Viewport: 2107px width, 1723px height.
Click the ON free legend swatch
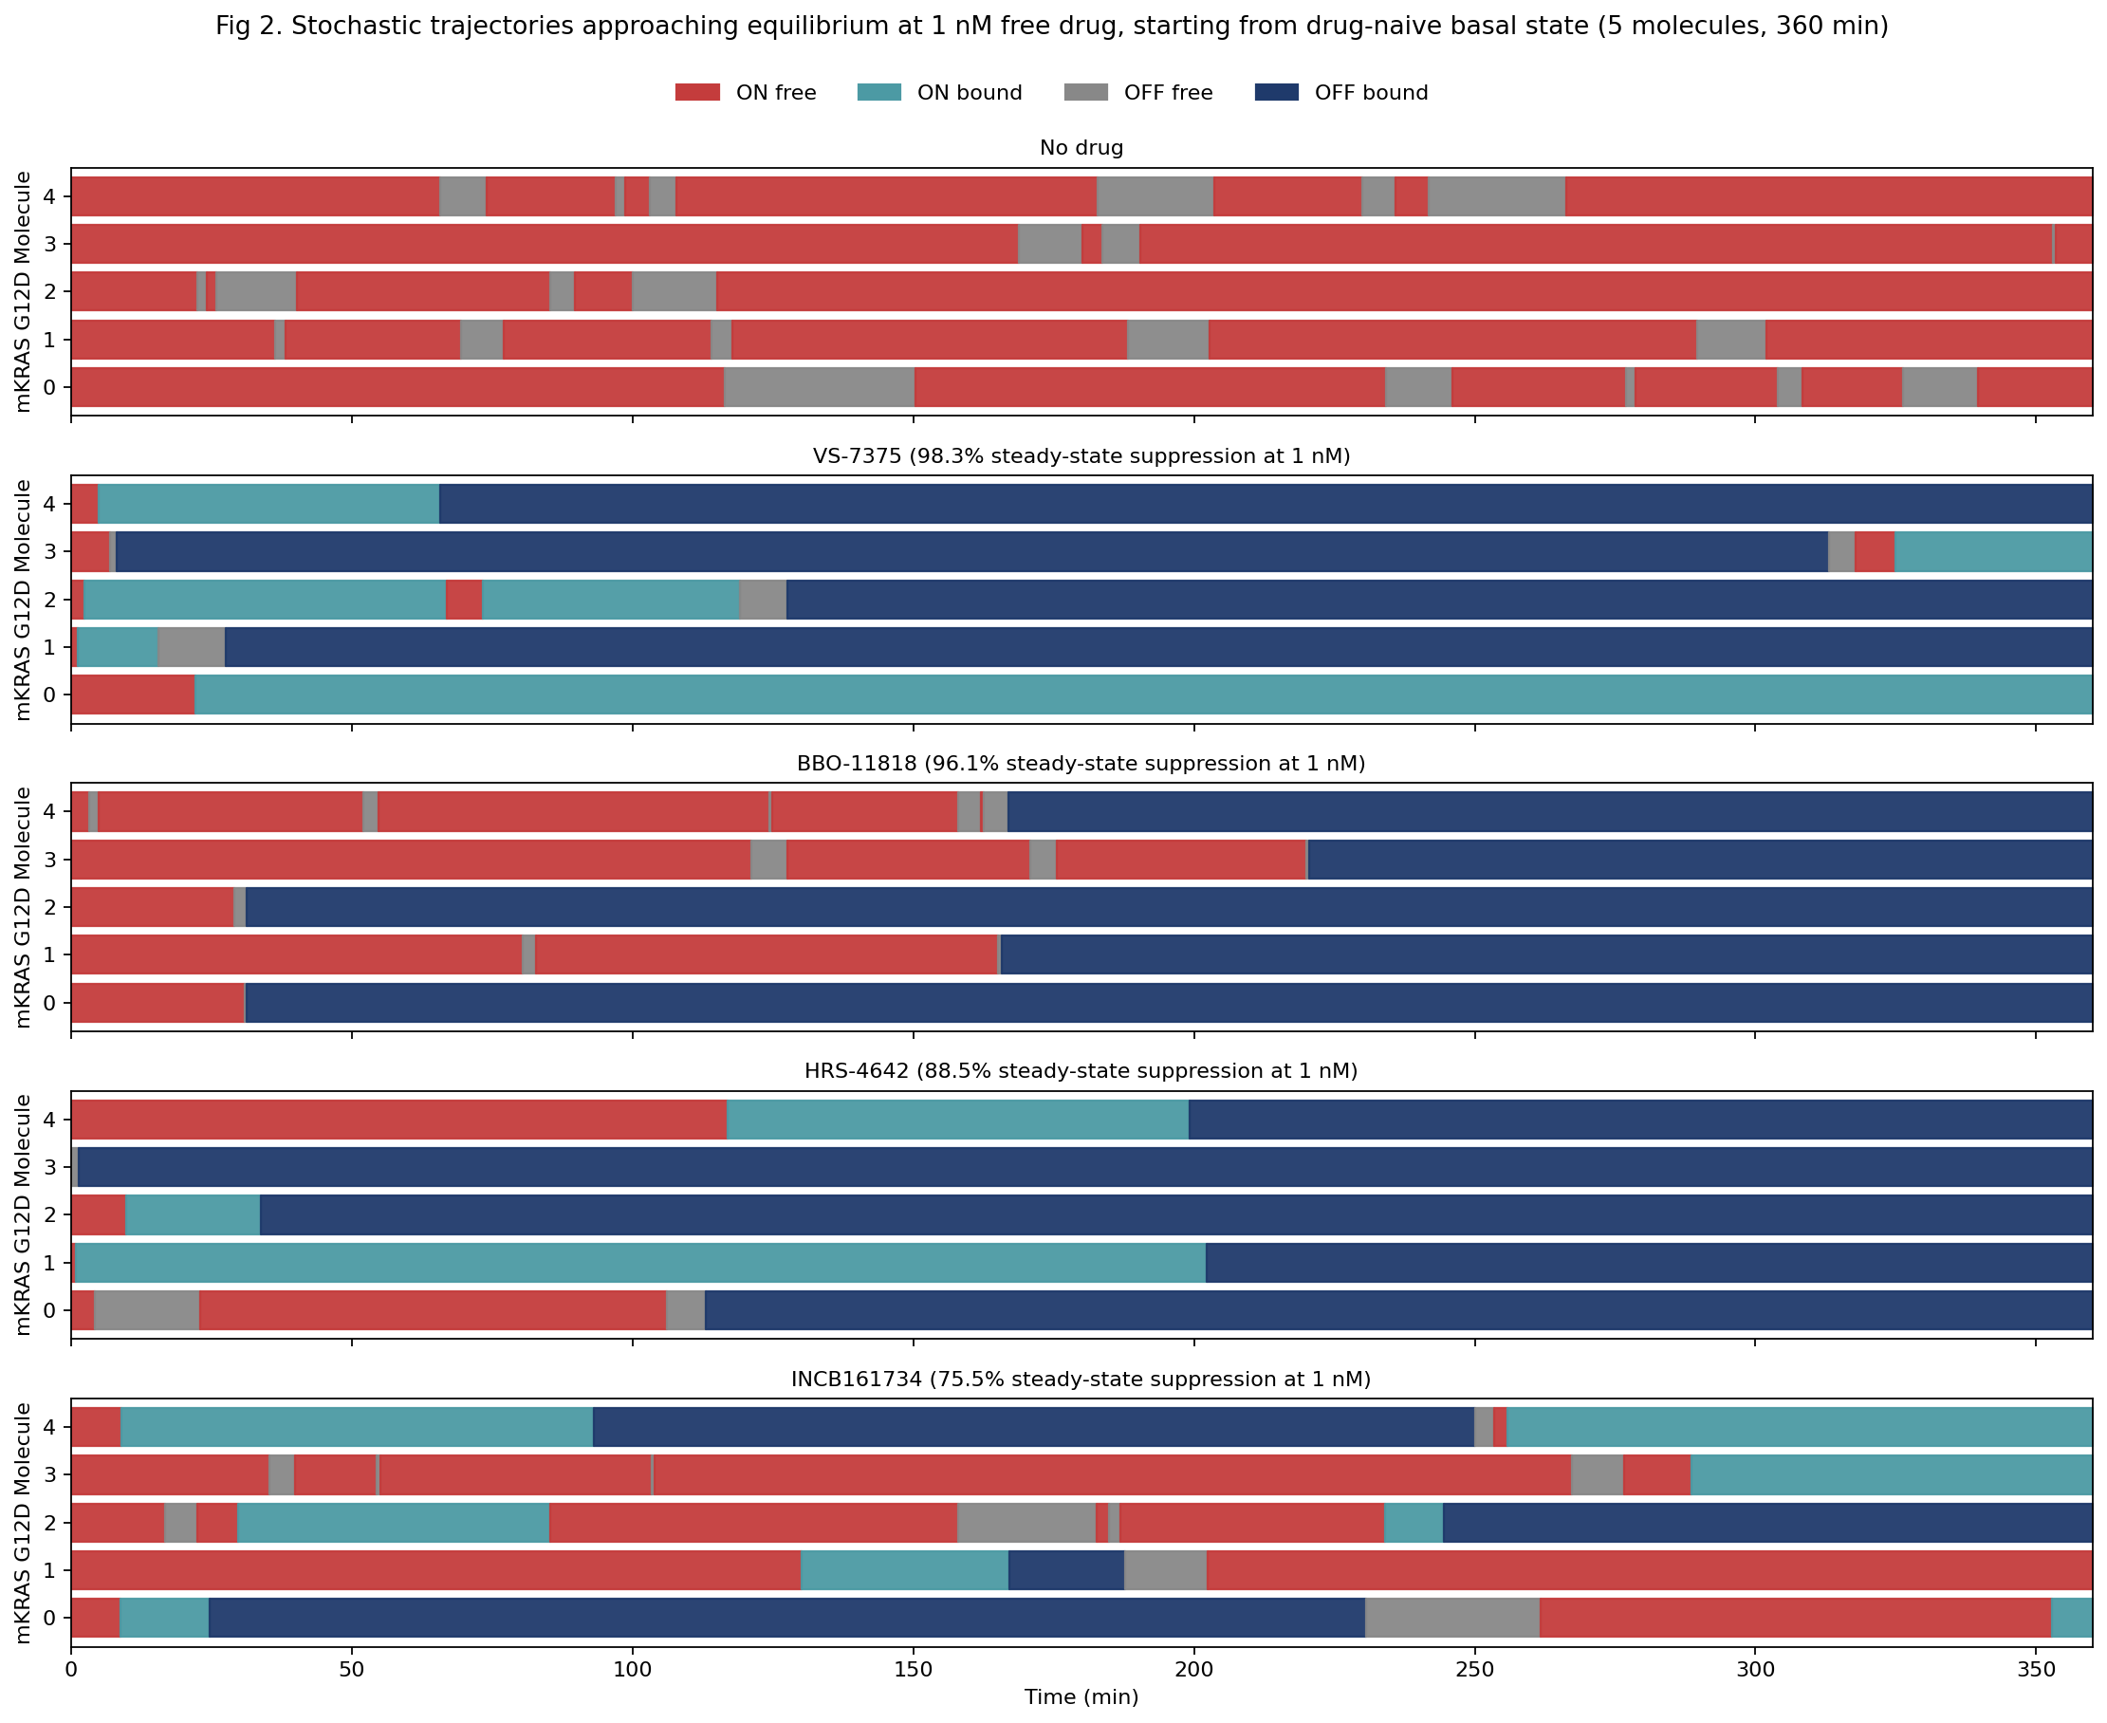point(696,92)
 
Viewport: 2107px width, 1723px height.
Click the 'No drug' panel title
point(1081,148)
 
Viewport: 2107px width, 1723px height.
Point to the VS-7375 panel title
point(1081,455)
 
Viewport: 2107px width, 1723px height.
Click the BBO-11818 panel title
point(1081,763)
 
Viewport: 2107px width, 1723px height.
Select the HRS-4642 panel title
point(1081,1071)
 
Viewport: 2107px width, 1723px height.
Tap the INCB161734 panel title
point(1081,1379)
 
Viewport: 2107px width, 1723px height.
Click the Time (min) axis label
point(1081,1696)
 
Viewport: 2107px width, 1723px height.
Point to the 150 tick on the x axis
point(913,1671)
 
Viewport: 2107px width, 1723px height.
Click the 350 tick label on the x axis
point(2036,1671)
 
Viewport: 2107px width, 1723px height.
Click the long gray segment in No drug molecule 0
point(819,387)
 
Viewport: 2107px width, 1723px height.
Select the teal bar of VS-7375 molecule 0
point(1141,695)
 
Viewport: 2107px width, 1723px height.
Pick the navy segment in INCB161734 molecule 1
point(1066,1570)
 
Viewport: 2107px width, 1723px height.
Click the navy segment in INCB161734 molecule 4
point(1032,1427)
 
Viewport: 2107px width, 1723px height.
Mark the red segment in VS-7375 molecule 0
point(132,695)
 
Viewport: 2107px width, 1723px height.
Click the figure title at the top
point(1052,26)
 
